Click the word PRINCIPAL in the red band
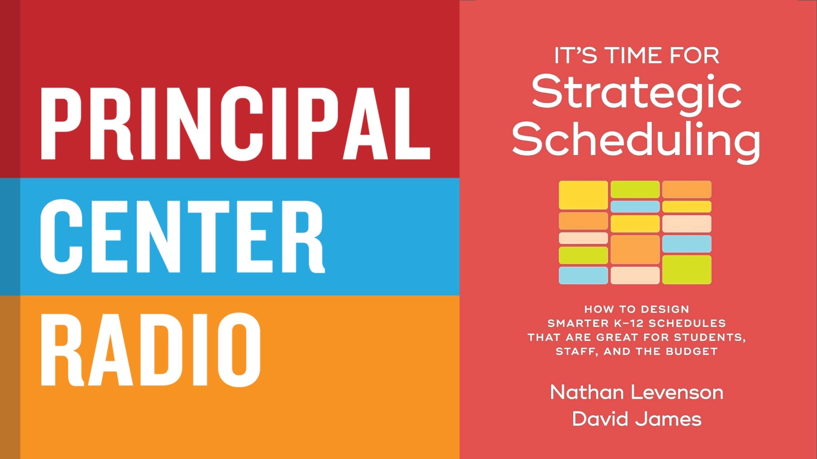click(235, 123)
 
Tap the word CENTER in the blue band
click(183, 237)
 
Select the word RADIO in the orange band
click(150, 350)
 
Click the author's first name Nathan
click(587, 392)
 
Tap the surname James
click(668, 419)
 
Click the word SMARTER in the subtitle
click(578, 323)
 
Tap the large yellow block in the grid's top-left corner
click(583, 195)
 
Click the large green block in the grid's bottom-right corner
click(687, 269)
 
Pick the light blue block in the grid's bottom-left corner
click(583, 275)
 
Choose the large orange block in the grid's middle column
click(635, 249)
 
